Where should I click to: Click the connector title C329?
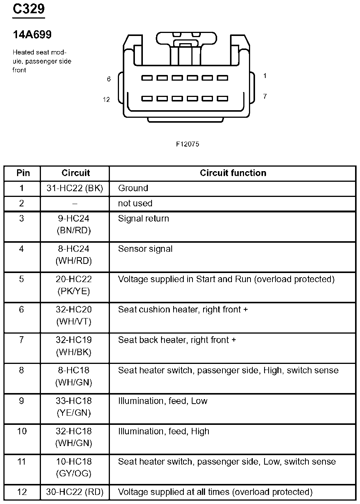pyautogui.click(x=29, y=9)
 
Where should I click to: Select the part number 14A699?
pyautogui.click(x=32, y=35)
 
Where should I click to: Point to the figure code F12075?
pyautogui.click(x=187, y=144)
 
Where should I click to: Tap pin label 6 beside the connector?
pyautogui.click(x=109, y=79)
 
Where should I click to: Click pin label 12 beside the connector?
pyautogui.click(x=106, y=100)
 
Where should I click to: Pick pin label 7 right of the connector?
pyautogui.click(x=265, y=97)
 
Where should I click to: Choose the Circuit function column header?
pyautogui.click(x=233, y=173)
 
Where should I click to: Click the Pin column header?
pyautogui.click(x=23, y=173)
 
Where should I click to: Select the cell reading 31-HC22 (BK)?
pyautogui.click(x=75, y=188)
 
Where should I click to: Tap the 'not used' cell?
pyautogui.click(x=135, y=203)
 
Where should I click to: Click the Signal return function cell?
pyautogui.click(x=143, y=218)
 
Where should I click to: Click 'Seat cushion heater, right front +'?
pyautogui.click(x=183, y=309)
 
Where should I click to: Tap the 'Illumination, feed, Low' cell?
pyautogui.click(x=163, y=401)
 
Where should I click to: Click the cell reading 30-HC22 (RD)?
pyautogui.click(x=75, y=492)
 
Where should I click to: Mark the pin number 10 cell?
pyautogui.click(x=22, y=431)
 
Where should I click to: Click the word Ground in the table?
pyautogui.click(x=133, y=188)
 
